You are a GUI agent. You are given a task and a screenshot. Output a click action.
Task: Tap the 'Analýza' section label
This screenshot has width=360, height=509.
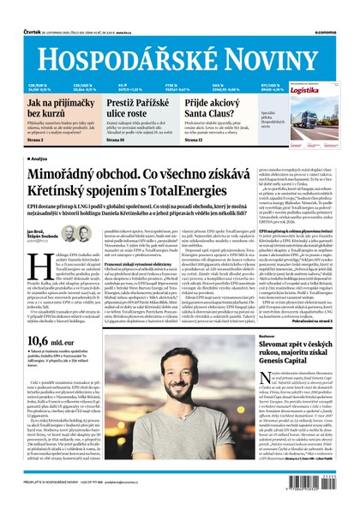(38, 159)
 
